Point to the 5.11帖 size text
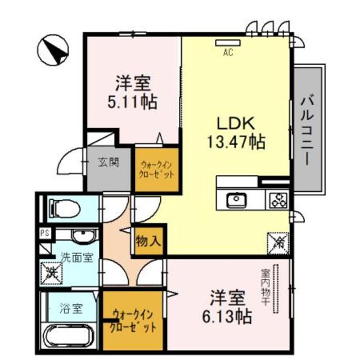132,102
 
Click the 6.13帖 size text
227,316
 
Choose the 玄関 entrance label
109,163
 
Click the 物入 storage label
148,242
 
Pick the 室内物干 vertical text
264,287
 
